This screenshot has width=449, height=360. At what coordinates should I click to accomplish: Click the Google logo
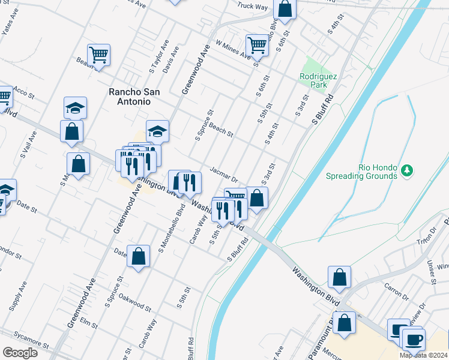pos(20,353)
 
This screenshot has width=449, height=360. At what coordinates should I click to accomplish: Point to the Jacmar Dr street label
pos(224,174)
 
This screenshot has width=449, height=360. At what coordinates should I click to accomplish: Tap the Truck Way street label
pos(252,7)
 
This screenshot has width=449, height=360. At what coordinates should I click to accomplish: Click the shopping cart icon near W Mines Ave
pos(257,44)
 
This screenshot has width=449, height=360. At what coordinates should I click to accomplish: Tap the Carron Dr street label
pos(396,291)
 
